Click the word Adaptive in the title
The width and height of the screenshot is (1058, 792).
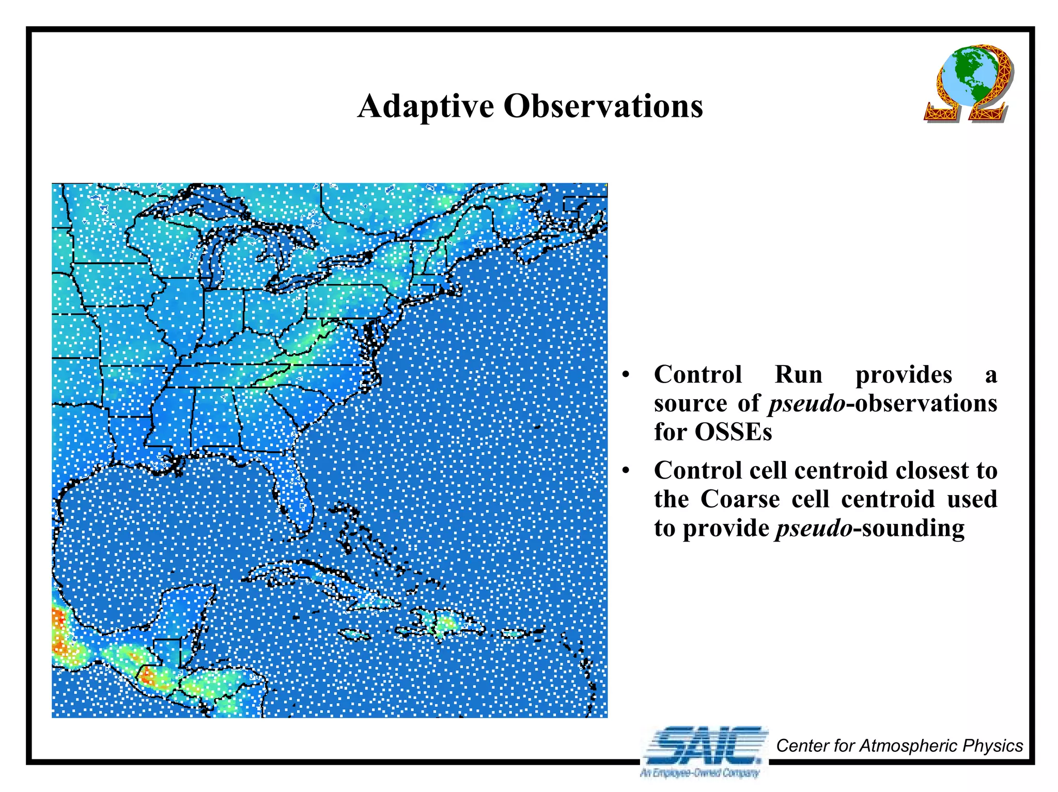pos(426,106)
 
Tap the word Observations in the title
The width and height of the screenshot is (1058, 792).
pos(603,106)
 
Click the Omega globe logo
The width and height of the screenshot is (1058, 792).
pos(968,84)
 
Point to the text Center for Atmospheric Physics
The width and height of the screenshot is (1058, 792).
pos(899,746)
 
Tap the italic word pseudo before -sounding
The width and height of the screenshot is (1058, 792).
pos(814,528)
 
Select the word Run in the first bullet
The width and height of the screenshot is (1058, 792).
pos(798,374)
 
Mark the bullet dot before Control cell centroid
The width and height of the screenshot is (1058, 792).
pos(626,471)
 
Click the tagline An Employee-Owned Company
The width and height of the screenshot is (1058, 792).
pos(700,773)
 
